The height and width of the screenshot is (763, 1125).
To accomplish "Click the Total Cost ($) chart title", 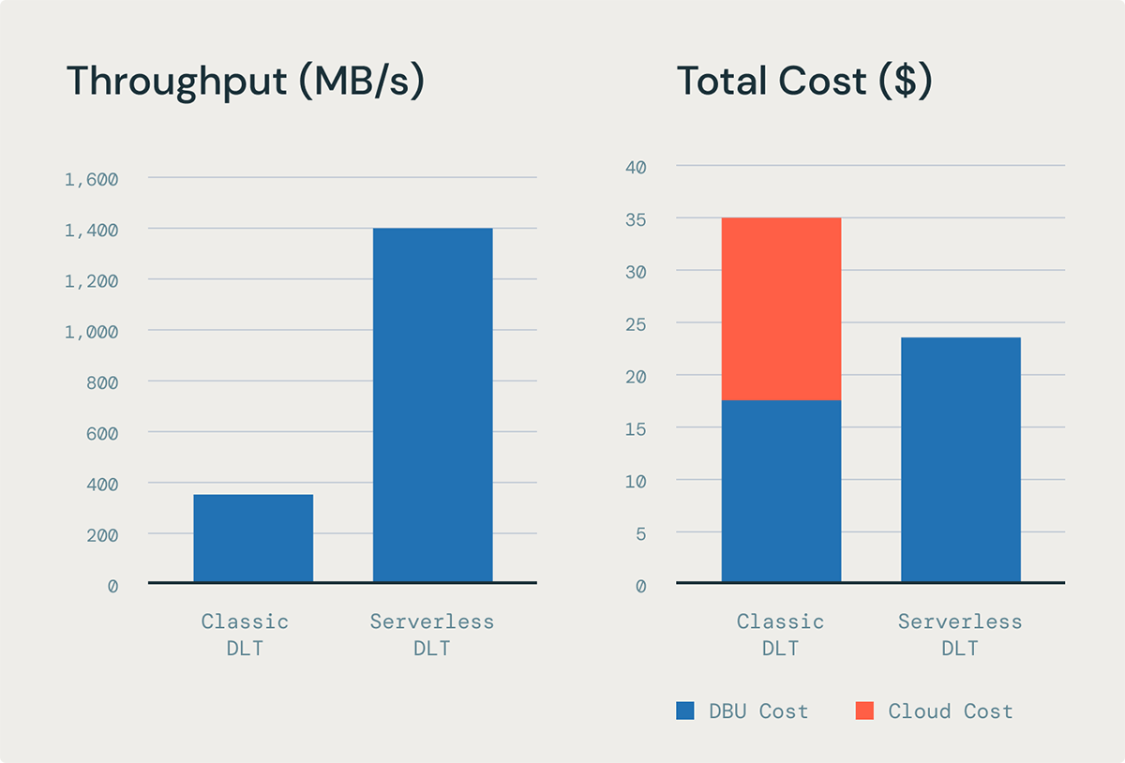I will click(x=804, y=82).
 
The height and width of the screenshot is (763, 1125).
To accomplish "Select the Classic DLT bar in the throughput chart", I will click(x=253, y=539).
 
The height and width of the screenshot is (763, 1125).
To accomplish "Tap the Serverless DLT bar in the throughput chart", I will click(x=432, y=405).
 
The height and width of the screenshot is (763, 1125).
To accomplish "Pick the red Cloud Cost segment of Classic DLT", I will click(x=781, y=309).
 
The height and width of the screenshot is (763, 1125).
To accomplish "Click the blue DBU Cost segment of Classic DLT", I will click(x=781, y=491).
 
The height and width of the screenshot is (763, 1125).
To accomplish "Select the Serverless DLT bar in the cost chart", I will click(x=960, y=460).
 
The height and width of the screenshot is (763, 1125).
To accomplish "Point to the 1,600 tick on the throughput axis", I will click(x=91, y=179).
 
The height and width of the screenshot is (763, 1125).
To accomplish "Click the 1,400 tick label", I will click(x=91, y=230).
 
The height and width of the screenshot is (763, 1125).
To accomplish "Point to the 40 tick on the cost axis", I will click(x=637, y=167).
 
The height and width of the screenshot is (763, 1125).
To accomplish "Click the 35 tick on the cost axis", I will click(x=637, y=219).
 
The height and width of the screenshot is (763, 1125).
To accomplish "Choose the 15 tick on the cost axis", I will click(x=637, y=428).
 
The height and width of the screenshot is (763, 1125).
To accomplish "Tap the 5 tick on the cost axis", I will click(x=641, y=533).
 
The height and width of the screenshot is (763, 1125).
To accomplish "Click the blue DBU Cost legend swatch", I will click(x=685, y=711).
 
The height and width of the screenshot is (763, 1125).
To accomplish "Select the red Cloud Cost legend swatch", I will click(x=864, y=711).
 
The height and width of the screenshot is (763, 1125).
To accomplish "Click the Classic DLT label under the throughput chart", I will click(x=245, y=635).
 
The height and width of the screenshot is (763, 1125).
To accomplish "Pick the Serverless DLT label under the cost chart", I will click(x=960, y=635).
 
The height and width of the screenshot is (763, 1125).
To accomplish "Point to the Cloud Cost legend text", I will click(x=951, y=711).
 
